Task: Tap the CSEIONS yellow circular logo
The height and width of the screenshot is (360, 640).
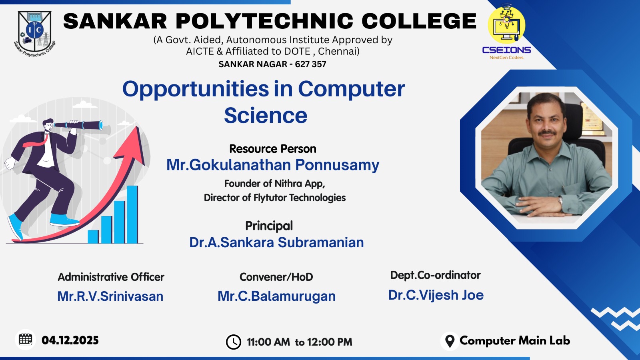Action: (x=506, y=25)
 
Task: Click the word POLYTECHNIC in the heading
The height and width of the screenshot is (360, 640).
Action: (x=264, y=21)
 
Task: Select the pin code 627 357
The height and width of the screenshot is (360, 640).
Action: (x=310, y=64)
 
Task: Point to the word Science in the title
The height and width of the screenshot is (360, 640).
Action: (x=266, y=116)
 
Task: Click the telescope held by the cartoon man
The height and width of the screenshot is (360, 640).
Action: (x=78, y=125)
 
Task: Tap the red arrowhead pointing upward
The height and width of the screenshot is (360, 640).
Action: (x=132, y=146)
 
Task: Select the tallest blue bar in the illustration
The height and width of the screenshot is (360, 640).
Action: (x=132, y=214)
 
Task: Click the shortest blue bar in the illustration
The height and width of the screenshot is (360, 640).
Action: (x=93, y=236)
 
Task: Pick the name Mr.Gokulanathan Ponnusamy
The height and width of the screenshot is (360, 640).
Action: (x=272, y=165)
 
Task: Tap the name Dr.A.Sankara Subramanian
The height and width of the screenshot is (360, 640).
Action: (x=276, y=242)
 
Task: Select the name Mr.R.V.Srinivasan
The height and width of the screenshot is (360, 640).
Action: (x=110, y=296)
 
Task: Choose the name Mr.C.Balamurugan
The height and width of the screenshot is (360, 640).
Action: (x=276, y=296)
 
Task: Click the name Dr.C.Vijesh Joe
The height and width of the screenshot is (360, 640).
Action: (x=436, y=295)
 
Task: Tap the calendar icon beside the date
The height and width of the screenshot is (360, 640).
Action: (x=26, y=340)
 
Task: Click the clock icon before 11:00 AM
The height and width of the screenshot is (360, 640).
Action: (x=234, y=342)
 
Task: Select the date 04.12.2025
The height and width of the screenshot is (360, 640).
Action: (x=70, y=340)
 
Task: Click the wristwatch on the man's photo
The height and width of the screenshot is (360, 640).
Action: (x=560, y=202)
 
